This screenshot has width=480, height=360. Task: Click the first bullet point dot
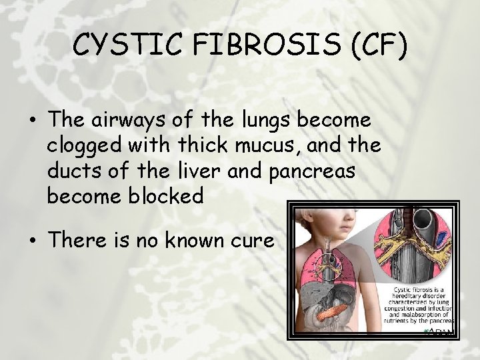[x=33, y=121]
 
